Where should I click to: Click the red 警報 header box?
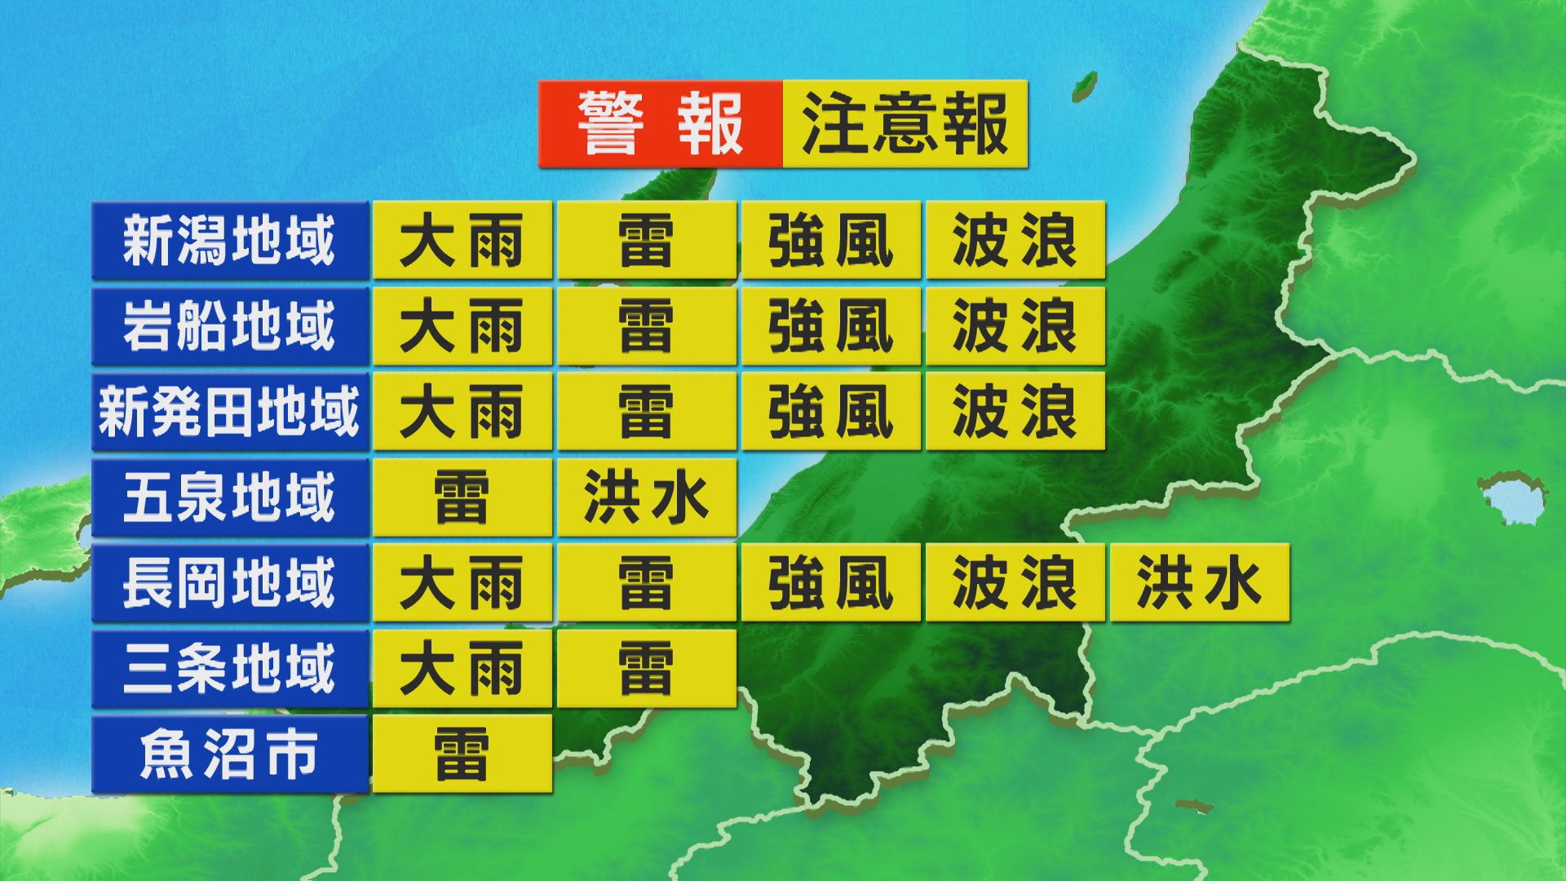coord(660,124)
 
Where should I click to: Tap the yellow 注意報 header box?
coord(905,124)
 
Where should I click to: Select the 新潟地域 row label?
coord(229,241)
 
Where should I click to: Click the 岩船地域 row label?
coord(229,326)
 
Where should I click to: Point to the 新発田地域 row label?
coord(229,412)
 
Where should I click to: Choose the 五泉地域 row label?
coord(229,498)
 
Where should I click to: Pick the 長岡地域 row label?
coord(229,582)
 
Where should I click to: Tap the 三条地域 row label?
coord(229,668)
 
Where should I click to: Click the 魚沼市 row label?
coord(229,754)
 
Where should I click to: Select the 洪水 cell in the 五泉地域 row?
coord(647,498)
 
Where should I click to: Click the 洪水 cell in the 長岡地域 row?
coord(1199,582)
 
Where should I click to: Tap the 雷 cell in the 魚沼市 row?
coord(462,754)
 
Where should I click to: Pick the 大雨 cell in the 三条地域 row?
coord(462,668)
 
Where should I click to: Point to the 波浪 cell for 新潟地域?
coord(1015,241)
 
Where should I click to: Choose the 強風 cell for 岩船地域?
coord(830,326)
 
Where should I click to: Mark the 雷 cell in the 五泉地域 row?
coord(462,498)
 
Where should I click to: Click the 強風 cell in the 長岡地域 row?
coord(830,582)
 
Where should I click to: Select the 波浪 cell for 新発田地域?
coord(1015,412)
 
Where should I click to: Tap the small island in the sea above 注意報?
coord(1084,84)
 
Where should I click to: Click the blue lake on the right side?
coord(1515,498)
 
